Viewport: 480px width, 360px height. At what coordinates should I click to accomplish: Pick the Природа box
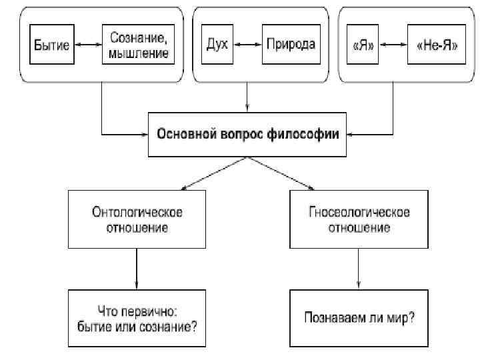click(290, 45)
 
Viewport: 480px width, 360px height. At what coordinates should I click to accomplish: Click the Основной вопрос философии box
click(248, 134)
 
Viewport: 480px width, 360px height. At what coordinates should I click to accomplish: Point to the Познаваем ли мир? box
click(359, 317)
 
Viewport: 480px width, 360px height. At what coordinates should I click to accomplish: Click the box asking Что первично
click(137, 317)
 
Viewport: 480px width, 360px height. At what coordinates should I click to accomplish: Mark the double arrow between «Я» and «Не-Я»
click(393, 45)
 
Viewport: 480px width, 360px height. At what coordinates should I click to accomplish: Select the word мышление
click(138, 52)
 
